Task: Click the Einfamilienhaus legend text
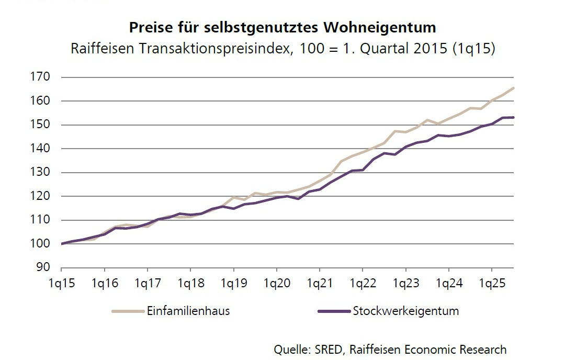point(188,311)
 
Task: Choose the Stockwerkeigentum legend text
point(405,311)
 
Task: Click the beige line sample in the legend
point(128,311)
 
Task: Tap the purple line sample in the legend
point(334,311)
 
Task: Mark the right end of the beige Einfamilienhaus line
point(513,88)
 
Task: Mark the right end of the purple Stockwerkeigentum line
point(513,117)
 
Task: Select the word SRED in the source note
point(330,349)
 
